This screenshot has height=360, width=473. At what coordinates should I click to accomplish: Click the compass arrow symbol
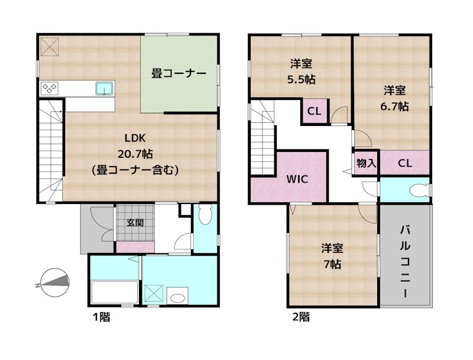point(54,283)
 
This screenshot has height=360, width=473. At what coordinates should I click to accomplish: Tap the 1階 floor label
point(101,317)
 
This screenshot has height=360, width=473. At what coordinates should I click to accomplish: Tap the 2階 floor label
point(301,317)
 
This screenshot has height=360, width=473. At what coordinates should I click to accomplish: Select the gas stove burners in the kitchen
point(49,89)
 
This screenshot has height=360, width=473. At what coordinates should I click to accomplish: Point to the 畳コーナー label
point(179,73)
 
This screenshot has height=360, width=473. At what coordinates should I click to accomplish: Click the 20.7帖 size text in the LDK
point(135,154)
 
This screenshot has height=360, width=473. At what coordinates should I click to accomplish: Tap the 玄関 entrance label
point(135,223)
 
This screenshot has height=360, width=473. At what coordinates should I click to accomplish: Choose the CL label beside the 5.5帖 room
point(314,111)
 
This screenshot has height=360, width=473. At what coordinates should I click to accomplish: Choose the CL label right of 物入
point(404,163)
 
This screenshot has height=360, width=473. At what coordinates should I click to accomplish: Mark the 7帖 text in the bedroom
point(331,264)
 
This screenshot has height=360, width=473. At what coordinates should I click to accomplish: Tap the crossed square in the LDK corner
point(49,46)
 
